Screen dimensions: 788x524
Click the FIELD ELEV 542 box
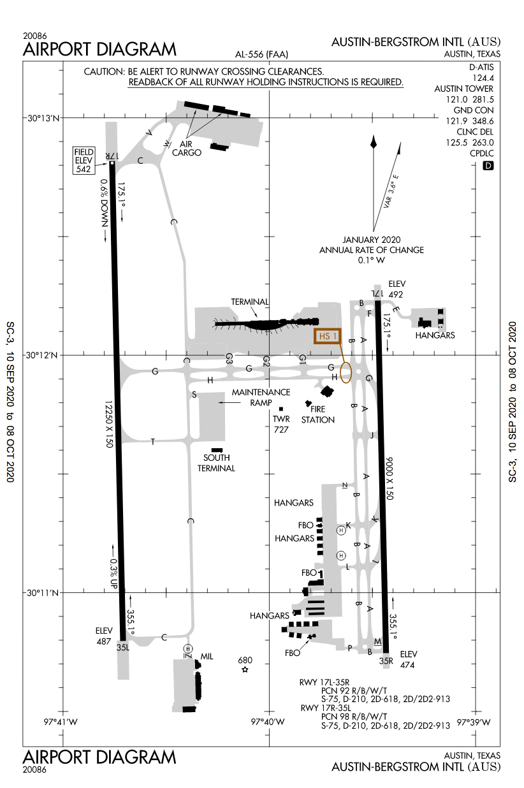click(x=84, y=160)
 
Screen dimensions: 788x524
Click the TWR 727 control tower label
click(x=281, y=424)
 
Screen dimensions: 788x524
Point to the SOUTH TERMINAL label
click(x=217, y=463)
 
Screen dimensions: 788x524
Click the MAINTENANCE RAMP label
click(x=261, y=397)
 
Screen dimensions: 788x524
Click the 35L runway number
click(x=122, y=646)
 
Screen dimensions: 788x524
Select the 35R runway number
click(x=386, y=660)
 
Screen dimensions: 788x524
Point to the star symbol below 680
click(x=245, y=669)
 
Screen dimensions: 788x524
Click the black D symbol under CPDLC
click(x=488, y=166)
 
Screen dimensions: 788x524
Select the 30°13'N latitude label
click(x=43, y=118)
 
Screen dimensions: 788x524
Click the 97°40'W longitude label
click(x=268, y=722)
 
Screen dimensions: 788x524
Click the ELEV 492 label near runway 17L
click(x=397, y=289)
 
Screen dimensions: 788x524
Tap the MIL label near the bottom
click(x=206, y=656)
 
